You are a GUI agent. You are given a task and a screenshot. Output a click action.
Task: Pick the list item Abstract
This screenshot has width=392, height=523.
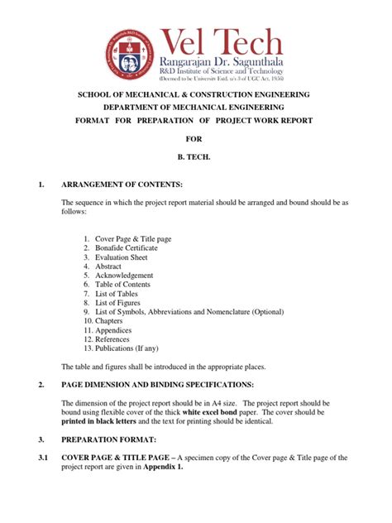(111, 266)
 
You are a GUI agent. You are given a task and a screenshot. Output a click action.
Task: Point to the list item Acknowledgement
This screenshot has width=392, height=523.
(124, 275)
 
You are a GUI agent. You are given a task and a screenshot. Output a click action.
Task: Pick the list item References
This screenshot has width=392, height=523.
(115, 338)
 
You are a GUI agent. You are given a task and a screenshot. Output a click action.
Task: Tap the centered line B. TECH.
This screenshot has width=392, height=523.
(195, 155)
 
